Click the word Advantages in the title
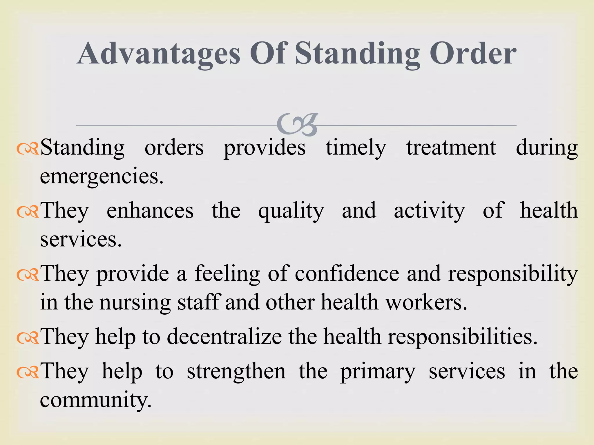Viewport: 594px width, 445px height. (x=159, y=54)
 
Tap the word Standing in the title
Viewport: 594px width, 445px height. (x=357, y=54)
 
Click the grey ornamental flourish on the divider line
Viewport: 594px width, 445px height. (x=298, y=125)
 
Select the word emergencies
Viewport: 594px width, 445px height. (x=102, y=177)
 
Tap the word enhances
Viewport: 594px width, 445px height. (x=150, y=211)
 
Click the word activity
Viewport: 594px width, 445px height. (x=429, y=211)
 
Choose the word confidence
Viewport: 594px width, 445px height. (x=347, y=274)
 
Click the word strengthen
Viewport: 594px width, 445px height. (x=236, y=372)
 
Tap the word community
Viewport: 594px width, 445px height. (x=96, y=401)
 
